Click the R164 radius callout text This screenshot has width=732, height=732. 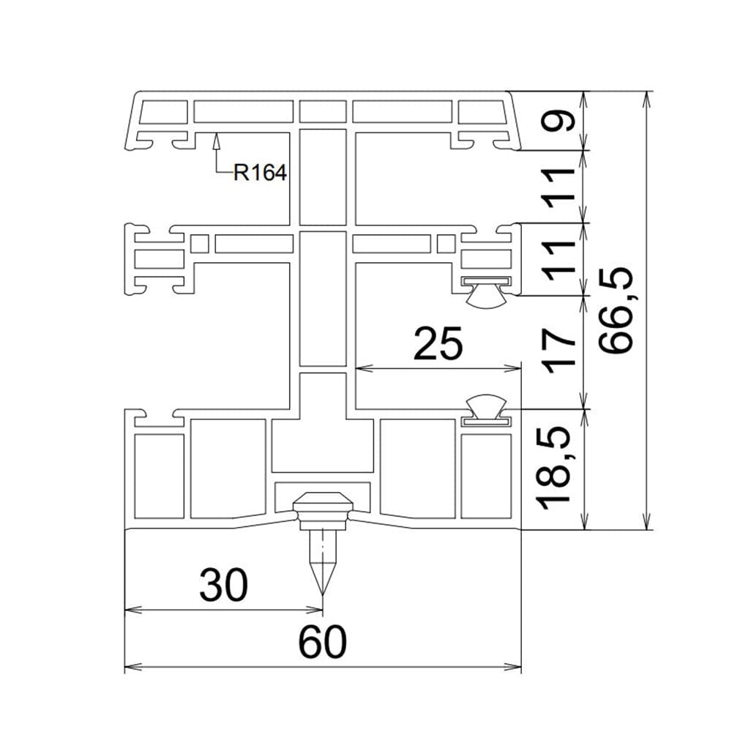pyautogui.click(x=260, y=172)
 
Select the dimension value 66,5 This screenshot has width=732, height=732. pyautogui.click(x=616, y=310)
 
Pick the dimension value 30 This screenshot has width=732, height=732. pyautogui.click(x=223, y=584)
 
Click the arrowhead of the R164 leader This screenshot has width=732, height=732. pyautogui.click(x=216, y=141)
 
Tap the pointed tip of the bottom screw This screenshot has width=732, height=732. pyautogui.click(x=323, y=594)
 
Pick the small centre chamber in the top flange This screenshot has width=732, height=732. pyautogui.click(x=323, y=111)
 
